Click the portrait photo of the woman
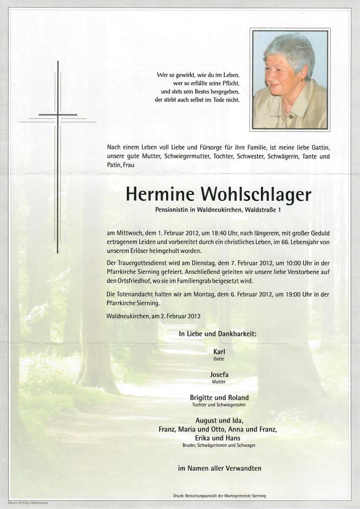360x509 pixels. (x=289, y=80)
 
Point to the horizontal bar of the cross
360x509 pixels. (x=58, y=115)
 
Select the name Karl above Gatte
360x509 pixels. (x=219, y=351)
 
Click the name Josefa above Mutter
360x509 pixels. (x=219, y=374)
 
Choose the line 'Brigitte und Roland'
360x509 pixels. (x=219, y=398)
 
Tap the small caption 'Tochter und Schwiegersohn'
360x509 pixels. (x=219, y=405)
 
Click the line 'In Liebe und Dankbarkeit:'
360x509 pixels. (x=218, y=334)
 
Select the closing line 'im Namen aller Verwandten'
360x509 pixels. (x=219, y=468)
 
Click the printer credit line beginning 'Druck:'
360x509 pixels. (x=219, y=496)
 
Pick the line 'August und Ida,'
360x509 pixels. (x=219, y=421)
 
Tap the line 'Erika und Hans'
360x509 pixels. (x=219, y=438)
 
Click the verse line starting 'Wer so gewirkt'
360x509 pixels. (x=198, y=75)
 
